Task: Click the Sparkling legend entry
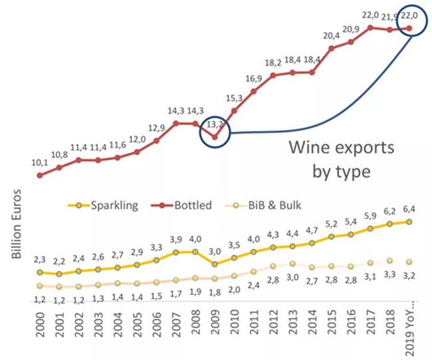point(113,205)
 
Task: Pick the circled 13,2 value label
point(214,124)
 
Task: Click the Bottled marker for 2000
point(40,175)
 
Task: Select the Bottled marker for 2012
point(273,75)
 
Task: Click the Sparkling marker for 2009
point(215,264)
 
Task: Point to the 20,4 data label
point(331,36)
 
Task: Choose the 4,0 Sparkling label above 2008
point(195,239)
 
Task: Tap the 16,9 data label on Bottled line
point(254,78)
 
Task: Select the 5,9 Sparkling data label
point(370,216)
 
